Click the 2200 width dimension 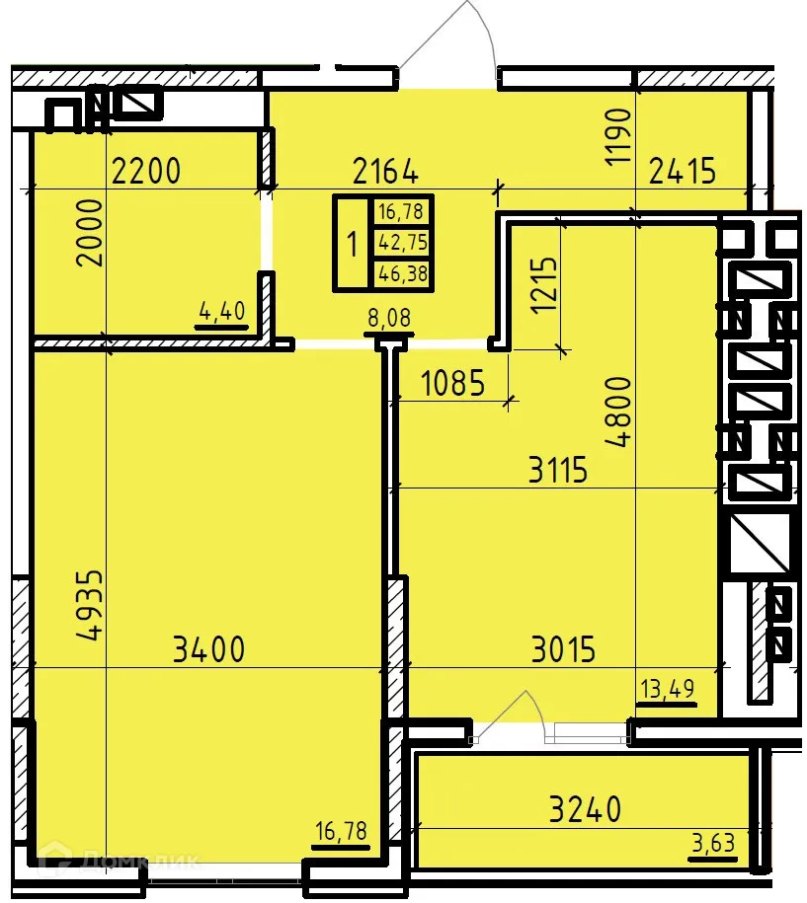[146, 172]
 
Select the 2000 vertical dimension [91, 233]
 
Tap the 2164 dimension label [385, 172]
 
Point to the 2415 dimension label [682, 172]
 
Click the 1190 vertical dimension [617, 136]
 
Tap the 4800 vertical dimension [617, 413]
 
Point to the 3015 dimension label [563, 649]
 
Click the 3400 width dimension [207, 649]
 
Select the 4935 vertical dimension [91, 605]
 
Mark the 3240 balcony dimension [586, 809]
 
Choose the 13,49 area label [668, 690]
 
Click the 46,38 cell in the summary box [402, 274]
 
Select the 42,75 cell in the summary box [402, 242]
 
